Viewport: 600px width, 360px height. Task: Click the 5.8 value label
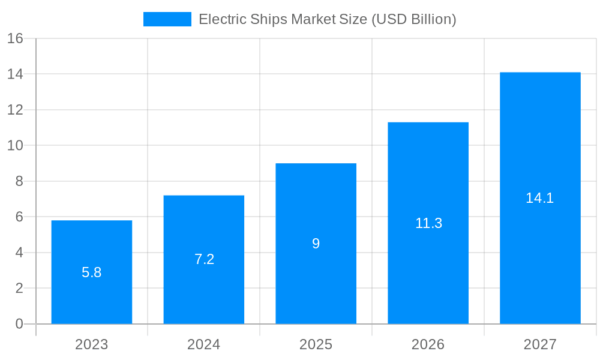click(x=91, y=272)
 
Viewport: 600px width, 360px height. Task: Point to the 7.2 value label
click(x=204, y=259)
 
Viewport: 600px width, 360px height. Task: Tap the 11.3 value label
click(x=428, y=223)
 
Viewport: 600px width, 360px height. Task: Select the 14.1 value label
click(x=539, y=198)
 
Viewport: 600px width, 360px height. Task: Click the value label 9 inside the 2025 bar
click(x=316, y=244)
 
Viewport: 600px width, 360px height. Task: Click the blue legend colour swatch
click(x=167, y=19)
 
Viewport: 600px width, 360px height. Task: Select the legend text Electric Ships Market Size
click(x=327, y=19)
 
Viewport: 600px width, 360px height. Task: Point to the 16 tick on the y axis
click(x=15, y=38)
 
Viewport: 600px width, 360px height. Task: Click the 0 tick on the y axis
click(x=19, y=324)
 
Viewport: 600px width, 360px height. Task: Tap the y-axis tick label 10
click(x=15, y=145)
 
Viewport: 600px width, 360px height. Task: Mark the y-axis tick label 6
click(x=19, y=217)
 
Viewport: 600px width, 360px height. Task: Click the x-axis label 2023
click(x=91, y=344)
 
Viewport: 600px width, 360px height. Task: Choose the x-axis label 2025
click(x=316, y=344)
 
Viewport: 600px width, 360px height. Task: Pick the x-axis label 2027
click(x=540, y=344)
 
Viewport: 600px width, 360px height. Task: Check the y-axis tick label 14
click(x=15, y=74)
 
